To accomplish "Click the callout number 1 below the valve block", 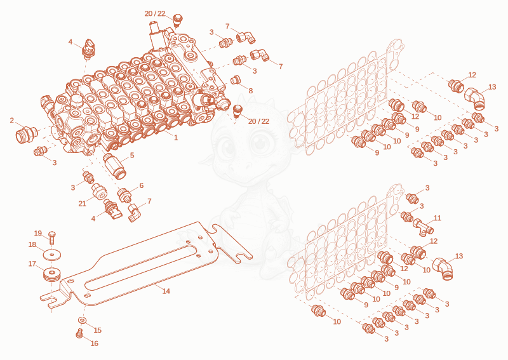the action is pos(176,137).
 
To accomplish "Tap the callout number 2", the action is pos(12,121).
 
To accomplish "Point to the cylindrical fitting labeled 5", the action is pos(114,166).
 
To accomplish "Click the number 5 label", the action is pos(132,156).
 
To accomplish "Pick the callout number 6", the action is pos(141,185).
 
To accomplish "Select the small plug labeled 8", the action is pos(235,80).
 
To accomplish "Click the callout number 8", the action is pos(250,91).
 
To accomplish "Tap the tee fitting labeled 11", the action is pos(424,227).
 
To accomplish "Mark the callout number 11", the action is pos(438,218).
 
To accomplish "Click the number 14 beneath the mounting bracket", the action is pos(166,291).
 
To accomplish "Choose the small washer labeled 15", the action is pos(83,321).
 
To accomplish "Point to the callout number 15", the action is pos(98,330).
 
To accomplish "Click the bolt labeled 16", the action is pos(79,333).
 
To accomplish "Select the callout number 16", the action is pos(94,343).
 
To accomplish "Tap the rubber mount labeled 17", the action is pos(52,275).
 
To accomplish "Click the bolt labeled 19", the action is pos(52,238).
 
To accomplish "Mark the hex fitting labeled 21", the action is pos(98,191).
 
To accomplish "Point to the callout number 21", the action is pos(83,204).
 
